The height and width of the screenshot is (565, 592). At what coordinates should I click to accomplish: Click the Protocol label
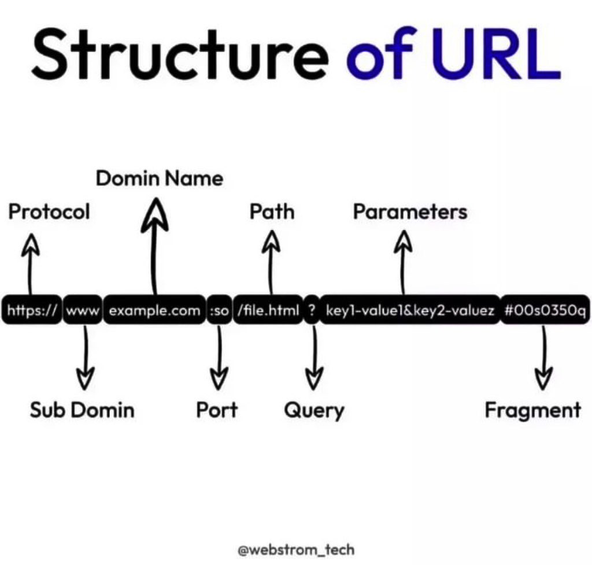click(49, 211)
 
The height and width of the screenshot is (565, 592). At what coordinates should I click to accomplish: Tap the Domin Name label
click(160, 178)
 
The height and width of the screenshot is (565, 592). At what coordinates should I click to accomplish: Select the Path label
click(272, 211)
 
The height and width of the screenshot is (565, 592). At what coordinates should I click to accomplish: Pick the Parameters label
click(410, 211)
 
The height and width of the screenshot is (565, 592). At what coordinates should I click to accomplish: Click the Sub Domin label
click(82, 410)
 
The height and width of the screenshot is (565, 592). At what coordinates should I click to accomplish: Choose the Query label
click(314, 410)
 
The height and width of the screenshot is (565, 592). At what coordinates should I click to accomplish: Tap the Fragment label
click(532, 410)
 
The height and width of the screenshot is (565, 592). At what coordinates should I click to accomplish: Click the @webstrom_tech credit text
click(296, 549)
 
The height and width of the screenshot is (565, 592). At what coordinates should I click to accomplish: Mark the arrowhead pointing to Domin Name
click(155, 214)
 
